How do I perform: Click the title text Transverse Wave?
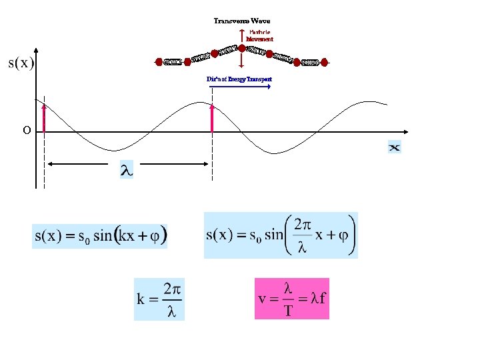click(x=241, y=21)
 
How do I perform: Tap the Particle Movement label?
click(x=259, y=36)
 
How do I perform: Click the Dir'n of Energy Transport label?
click(x=239, y=79)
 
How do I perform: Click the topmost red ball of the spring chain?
click(x=241, y=48)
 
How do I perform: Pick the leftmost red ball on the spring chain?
click(x=159, y=62)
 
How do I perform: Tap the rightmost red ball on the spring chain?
click(x=324, y=62)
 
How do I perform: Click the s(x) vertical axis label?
click(x=21, y=63)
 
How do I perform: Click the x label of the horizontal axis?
click(x=395, y=147)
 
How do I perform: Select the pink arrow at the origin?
click(x=44, y=118)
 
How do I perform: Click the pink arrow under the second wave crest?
click(x=212, y=118)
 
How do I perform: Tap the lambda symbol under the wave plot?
click(x=126, y=171)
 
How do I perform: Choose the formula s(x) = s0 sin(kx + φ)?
click(x=100, y=236)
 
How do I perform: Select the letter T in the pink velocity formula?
click(x=288, y=311)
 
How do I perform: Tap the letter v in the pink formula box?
click(x=263, y=298)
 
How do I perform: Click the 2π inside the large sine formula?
click(x=303, y=224)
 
